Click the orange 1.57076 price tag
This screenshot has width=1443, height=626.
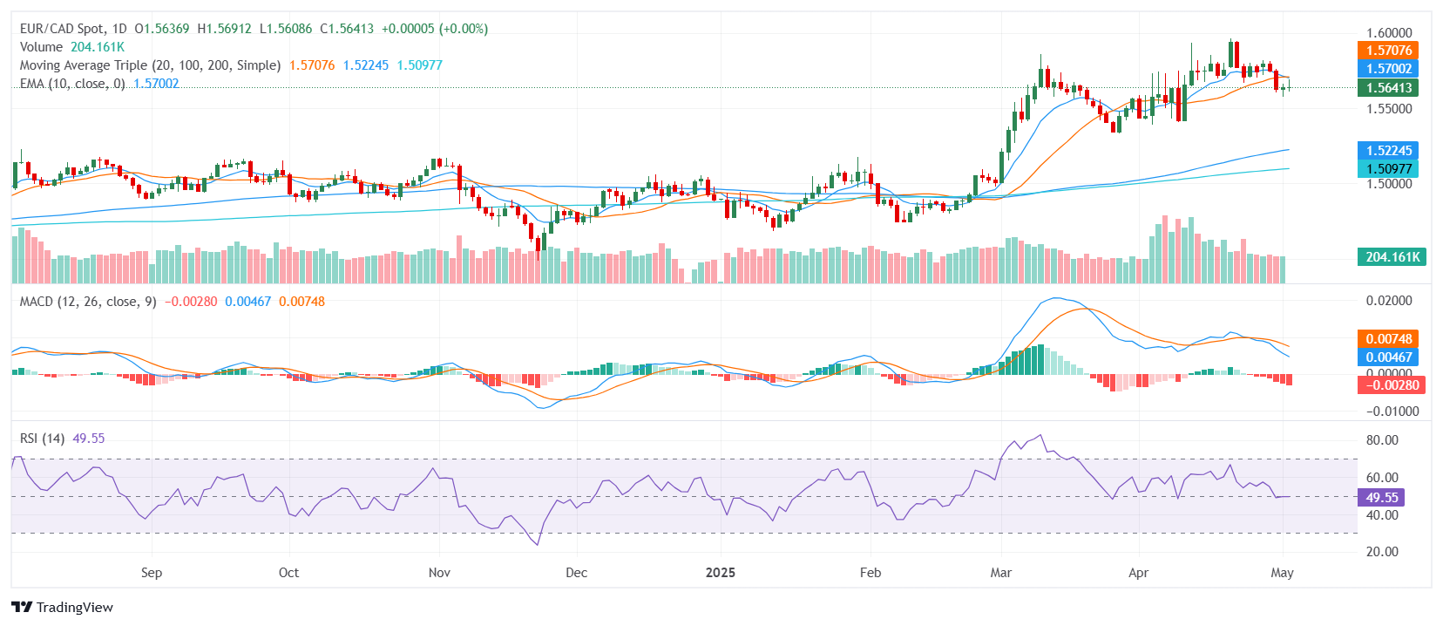(x=1388, y=51)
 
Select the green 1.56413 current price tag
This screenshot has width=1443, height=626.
(x=1388, y=87)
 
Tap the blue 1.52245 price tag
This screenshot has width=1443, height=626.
(x=1388, y=151)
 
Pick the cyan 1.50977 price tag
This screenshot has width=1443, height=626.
(x=1388, y=169)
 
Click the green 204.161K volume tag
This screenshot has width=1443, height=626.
(x=1392, y=257)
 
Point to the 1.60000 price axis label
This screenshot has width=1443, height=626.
(x=1388, y=33)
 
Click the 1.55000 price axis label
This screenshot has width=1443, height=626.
(x=1388, y=109)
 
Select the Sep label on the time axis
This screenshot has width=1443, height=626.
(x=152, y=573)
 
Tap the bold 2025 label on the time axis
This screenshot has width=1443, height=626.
(x=721, y=573)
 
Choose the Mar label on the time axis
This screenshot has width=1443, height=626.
(x=1001, y=573)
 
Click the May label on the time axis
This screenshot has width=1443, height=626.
(x=1282, y=573)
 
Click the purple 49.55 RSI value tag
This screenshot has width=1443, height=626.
(x=1381, y=498)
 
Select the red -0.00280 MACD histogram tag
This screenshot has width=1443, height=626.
(x=1391, y=385)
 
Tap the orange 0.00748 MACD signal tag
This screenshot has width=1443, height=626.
(x=1388, y=339)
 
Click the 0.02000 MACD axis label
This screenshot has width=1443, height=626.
(x=1388, y=301)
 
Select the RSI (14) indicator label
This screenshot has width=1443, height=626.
(x=42, y=439)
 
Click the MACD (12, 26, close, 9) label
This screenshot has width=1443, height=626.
(x=88, y=302)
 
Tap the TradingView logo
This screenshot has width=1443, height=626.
(x=63, y=608)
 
